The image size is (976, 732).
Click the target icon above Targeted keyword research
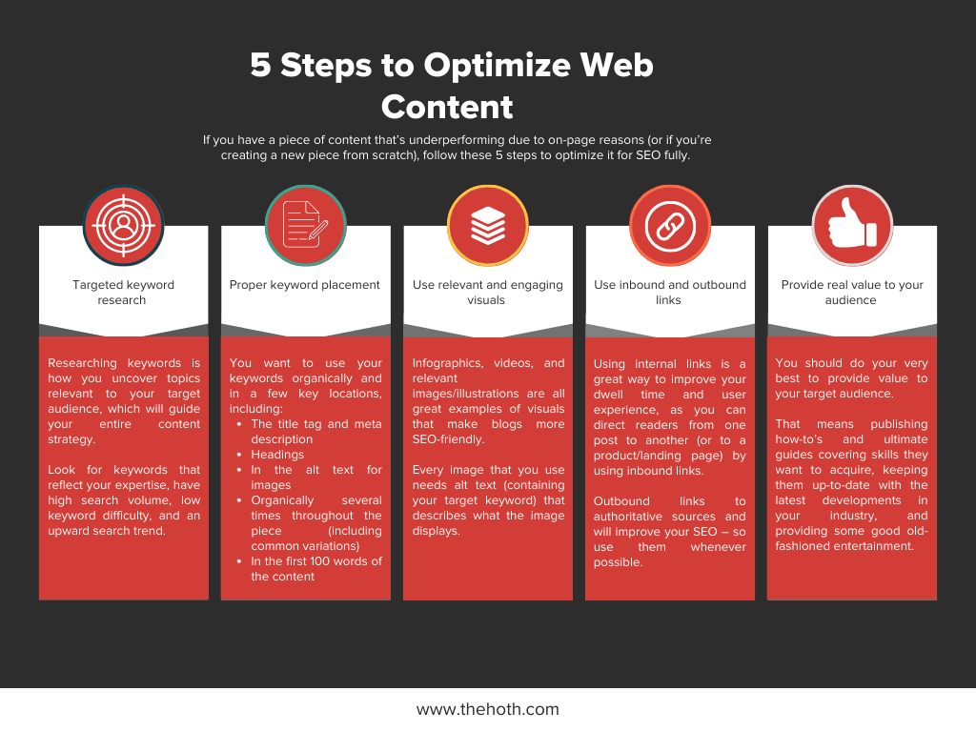tap(123, 225)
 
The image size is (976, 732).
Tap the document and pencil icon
tap(306, 225)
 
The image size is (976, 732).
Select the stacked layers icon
tap(488, 225)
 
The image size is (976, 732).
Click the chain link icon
tap(670, 225)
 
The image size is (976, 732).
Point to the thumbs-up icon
tap(852, 225)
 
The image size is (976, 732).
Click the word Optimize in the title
tap(498, 65)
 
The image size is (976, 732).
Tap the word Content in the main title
tap(447, 107)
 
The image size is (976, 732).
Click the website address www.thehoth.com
tap(488, 709)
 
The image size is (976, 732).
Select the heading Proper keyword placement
tap(304, 284)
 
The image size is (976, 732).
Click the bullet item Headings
tap(277, 455)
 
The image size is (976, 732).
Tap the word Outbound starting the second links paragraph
tap(621, 501)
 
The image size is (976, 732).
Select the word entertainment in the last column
tap(878, 546)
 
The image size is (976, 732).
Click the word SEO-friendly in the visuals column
tap(448, 439)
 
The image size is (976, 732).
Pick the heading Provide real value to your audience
tap(851, 292)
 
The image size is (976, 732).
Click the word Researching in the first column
tap(82, 363)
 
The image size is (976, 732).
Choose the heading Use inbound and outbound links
tap(670, 292)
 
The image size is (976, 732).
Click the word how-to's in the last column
tap(799, 439)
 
